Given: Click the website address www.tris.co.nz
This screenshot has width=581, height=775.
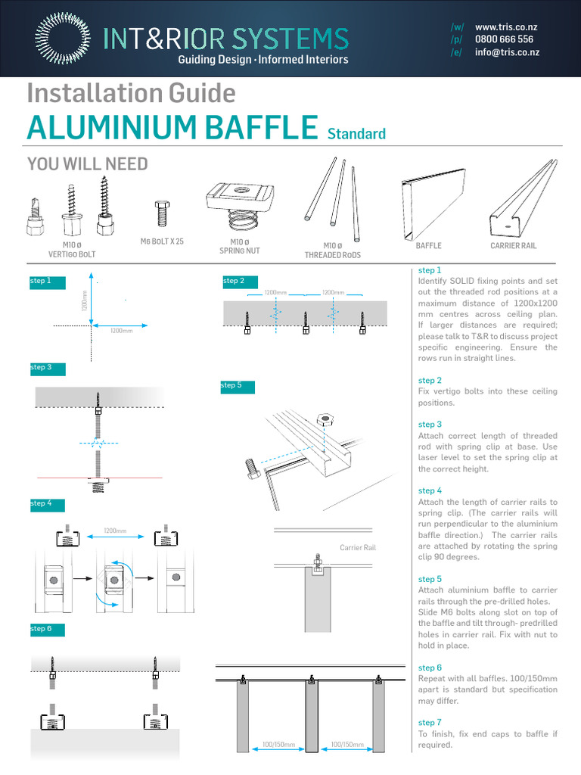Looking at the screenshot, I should pyautogui.click(x=506, y=26).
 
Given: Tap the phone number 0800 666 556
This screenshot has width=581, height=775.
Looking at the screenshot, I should pyautogui.click(x=504, y=39).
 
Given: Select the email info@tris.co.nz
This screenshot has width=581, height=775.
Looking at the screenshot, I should pyautogui.click(x=506, y=52).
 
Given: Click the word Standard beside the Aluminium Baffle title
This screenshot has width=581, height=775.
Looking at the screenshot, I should pyautogui.click(x=356, y=134).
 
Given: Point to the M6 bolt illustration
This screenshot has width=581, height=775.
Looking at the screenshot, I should pyautogui.click(x=160, y=214).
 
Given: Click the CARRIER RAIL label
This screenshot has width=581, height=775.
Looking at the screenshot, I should pyautogui.click(x=514, y=246).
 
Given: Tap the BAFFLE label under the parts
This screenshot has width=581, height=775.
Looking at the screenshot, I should pyautogui.click(x=428, y=246).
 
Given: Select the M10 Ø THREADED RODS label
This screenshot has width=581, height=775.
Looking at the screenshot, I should pyautogui.click(x=333, y=251).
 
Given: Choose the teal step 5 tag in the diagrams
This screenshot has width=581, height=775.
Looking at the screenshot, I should pyautogui.click(x=238, y=386).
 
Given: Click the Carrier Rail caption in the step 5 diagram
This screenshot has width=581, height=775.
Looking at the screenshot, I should pyautogui.click(x=358, y=547).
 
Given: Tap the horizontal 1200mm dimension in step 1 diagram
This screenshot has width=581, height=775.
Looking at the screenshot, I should pyautogui.click(x=122, y=331).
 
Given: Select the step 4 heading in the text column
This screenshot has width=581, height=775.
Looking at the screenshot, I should pyautogui.click(x=430, y=490).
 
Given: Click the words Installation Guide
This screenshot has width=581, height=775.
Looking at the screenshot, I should pyautogui.click(x=131, y=93).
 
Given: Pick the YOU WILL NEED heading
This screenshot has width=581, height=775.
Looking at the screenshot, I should pyautogui.click(x=87, y=164).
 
